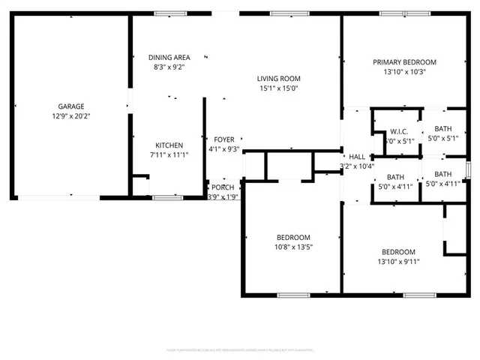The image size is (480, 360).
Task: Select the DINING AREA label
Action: pyautogui.click(x=169, y=57)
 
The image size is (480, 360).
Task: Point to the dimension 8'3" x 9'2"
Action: pyautogui.click(x=169, y=67)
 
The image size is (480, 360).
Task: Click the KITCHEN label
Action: pyautogui.click(x=169, y=145)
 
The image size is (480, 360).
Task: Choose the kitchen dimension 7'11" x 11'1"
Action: pyautogui.click(x=169, y=154)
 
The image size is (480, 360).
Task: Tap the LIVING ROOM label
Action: pyautogui.click(x=278, y=79)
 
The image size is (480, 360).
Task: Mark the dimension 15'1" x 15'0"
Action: pyautogui.click(x=278, y=88)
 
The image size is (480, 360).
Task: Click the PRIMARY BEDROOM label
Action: pyautogui.click(x=404, y=62)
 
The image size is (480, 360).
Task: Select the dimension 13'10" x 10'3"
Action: pyautogui.click(x=404, y=72)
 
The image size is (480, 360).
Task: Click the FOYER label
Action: pyautogui.click(x=224, y=139)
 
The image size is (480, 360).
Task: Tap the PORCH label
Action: pyautogui.click(x=222, y=187)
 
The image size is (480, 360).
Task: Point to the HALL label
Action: pyautogui.click(x=357, y=156)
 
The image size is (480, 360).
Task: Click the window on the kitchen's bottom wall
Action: pyautogui.click(x=163, y=197)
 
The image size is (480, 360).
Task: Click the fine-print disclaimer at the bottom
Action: pyautogui.click(x=240, y=349)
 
